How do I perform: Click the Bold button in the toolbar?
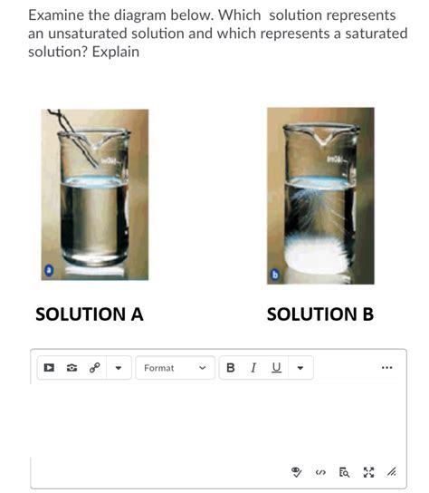pos(230,368)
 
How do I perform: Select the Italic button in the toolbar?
pos(253,368)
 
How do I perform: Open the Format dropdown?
pos(176,368)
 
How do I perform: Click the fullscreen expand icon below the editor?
pos(369,471)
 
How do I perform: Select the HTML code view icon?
pos(319,471)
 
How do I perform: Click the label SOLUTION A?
pos(89,314)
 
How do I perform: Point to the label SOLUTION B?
pos(320,314)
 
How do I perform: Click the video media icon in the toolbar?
pos(50,368)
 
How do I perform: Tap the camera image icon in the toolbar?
pos(71,368)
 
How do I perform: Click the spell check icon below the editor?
pos(295,471)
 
